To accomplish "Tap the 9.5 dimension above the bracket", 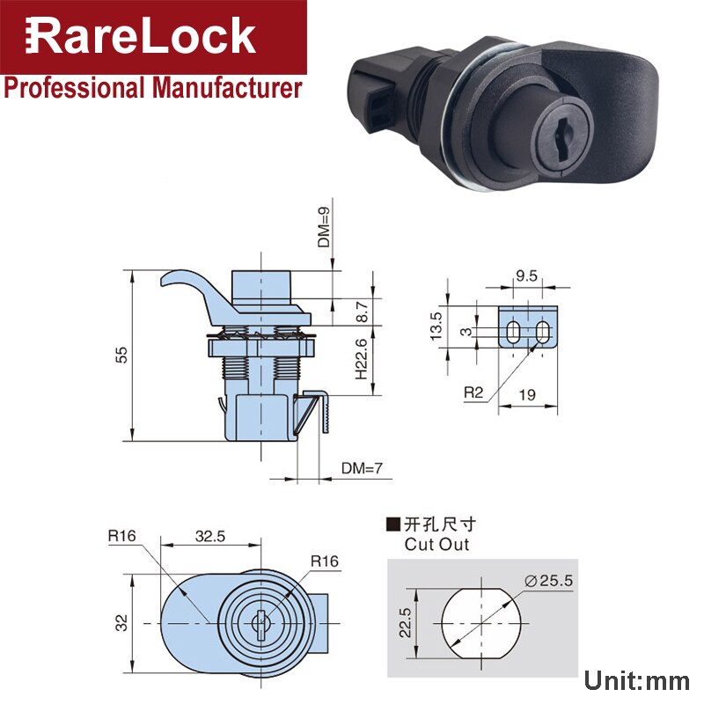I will pos(527,276).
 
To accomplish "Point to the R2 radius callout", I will pos(473,393).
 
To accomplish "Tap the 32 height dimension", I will pos(122,621).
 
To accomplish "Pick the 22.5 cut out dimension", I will pos(404,621).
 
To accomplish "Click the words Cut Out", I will pos(436,544).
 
